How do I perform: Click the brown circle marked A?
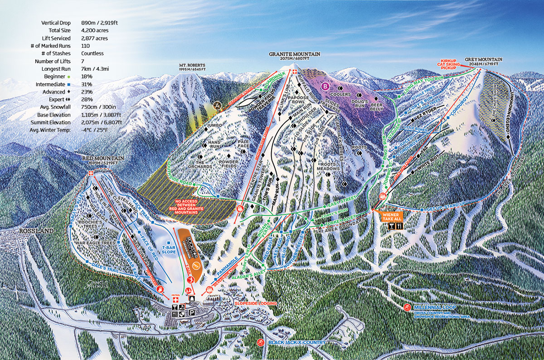[x=218, y=106]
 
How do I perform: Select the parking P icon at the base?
[x=193, y=312]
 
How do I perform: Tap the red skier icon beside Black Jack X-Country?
[x=260, y=342]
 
